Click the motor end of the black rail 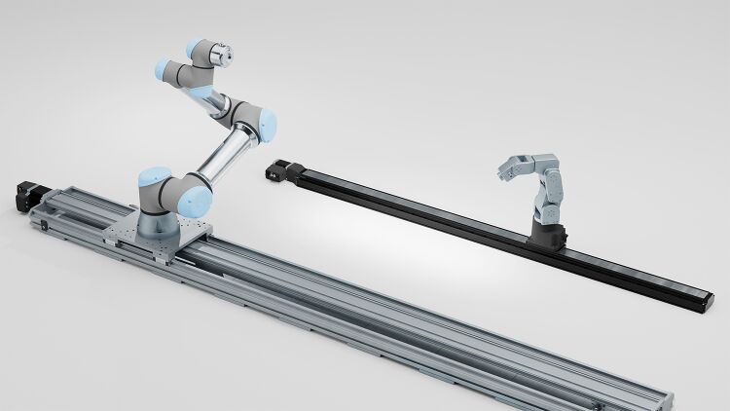point(279,169)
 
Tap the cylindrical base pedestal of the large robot point(156,223)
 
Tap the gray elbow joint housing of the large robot point(248,117)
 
